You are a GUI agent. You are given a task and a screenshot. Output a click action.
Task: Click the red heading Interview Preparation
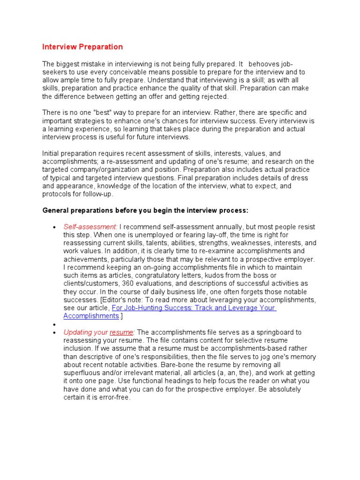click(x=82, y=47)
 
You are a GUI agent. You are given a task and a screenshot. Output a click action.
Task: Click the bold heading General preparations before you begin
click(x=145, y=210)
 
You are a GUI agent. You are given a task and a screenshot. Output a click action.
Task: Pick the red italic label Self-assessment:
click(x=90, y=226)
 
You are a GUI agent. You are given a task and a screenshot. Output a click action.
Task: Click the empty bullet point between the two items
click(x=55, y=324)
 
